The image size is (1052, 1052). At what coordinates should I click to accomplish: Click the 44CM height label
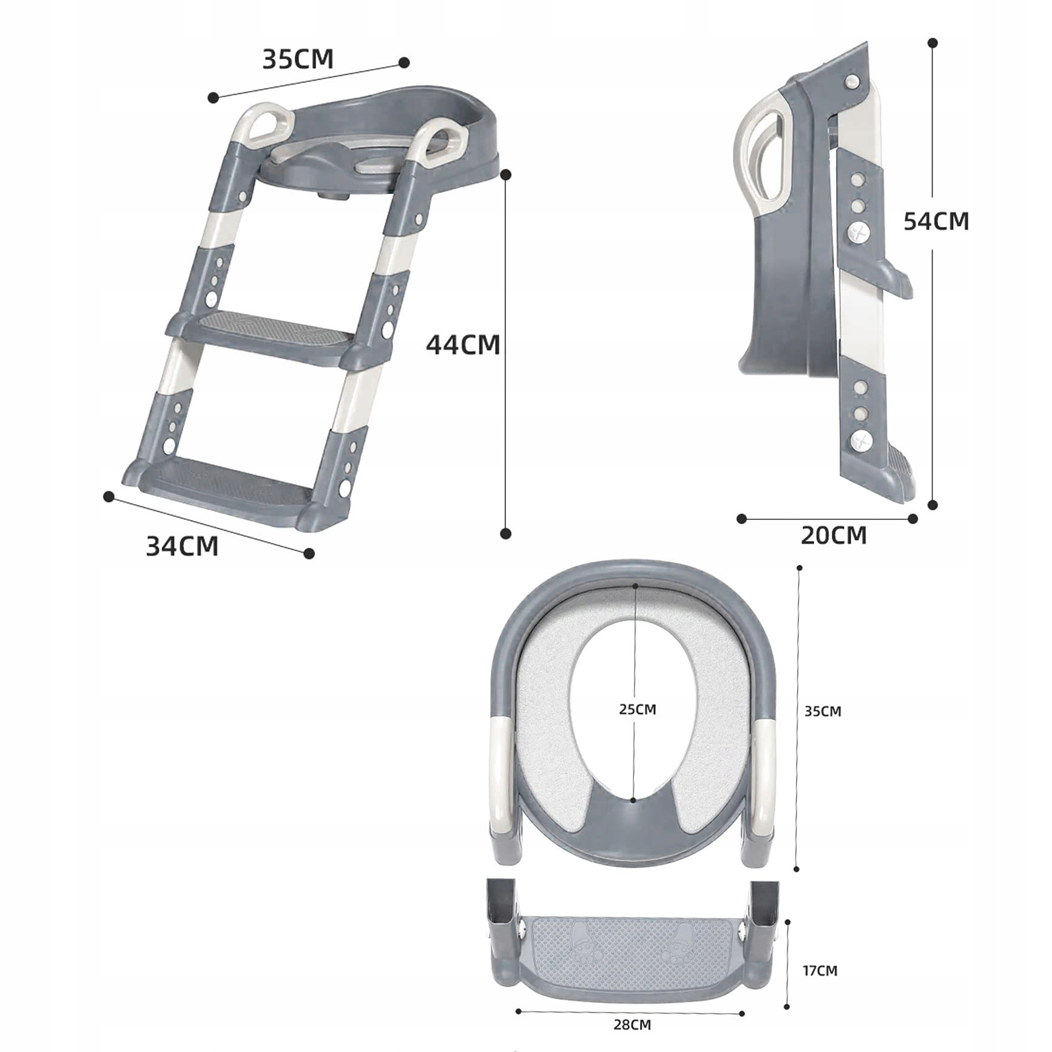click(x=463, y=345)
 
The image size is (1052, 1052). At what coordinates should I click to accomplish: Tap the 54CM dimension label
click(x=936, y=221)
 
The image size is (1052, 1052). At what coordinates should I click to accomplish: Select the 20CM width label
click(x=834, y=535)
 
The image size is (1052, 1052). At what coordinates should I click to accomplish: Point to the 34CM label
click(x=182, y=546)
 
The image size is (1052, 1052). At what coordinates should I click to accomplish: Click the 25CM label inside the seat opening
click(x=638, y=709)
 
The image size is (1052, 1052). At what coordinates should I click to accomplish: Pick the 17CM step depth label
click(x=820, y=971)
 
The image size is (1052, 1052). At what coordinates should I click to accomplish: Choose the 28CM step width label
click(x=632, y=1025)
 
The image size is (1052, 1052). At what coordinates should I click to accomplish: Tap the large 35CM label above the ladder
click(x=298, y=59)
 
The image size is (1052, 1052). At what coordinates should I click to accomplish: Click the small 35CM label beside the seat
click(x=823, y=711)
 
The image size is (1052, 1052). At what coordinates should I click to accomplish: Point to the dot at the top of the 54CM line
click(x=933, y=42)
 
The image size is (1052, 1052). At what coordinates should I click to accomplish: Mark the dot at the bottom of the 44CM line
click(x=505, y=533)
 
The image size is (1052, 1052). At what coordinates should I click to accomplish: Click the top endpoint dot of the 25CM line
click(x=635, y=586)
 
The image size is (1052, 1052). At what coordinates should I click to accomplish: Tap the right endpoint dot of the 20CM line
click(x=912, y=518)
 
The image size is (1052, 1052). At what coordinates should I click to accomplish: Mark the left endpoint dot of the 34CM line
click(x=109, y=497)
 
